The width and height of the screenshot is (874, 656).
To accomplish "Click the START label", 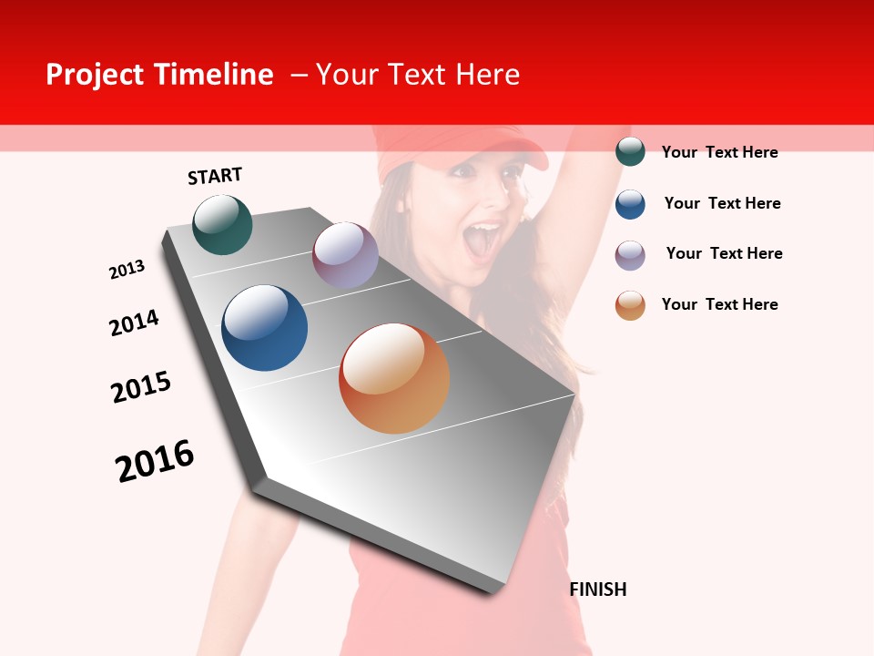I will point(215,176).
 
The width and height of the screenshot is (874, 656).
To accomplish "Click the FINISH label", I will point(597,589).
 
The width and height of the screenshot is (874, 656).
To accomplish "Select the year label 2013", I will point(127,270).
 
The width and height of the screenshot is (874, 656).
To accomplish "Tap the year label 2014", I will point(134,323).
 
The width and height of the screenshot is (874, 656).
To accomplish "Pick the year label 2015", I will point(141,387).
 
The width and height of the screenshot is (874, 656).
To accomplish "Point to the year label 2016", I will point(155,461).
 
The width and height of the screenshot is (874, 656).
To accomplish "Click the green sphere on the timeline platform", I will point(222,224).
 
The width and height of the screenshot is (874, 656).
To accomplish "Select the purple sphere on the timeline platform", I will point(345,255).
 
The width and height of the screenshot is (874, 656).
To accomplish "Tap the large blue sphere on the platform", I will point(264,328).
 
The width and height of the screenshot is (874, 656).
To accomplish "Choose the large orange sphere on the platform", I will point(394,378).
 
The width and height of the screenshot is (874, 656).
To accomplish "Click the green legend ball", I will point(630,152).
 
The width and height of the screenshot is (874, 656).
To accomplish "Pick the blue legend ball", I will point(630,204).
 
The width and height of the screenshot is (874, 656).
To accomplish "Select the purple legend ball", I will point(630,254).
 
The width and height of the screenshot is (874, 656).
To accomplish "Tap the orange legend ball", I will point(630,305).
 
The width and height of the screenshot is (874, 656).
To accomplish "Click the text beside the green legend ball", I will point(719,152).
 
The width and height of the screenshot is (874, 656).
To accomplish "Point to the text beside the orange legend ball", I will point(719,304).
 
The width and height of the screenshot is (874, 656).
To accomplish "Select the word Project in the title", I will point(96,75).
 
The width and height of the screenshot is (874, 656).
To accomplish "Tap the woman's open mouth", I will point(482,240).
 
